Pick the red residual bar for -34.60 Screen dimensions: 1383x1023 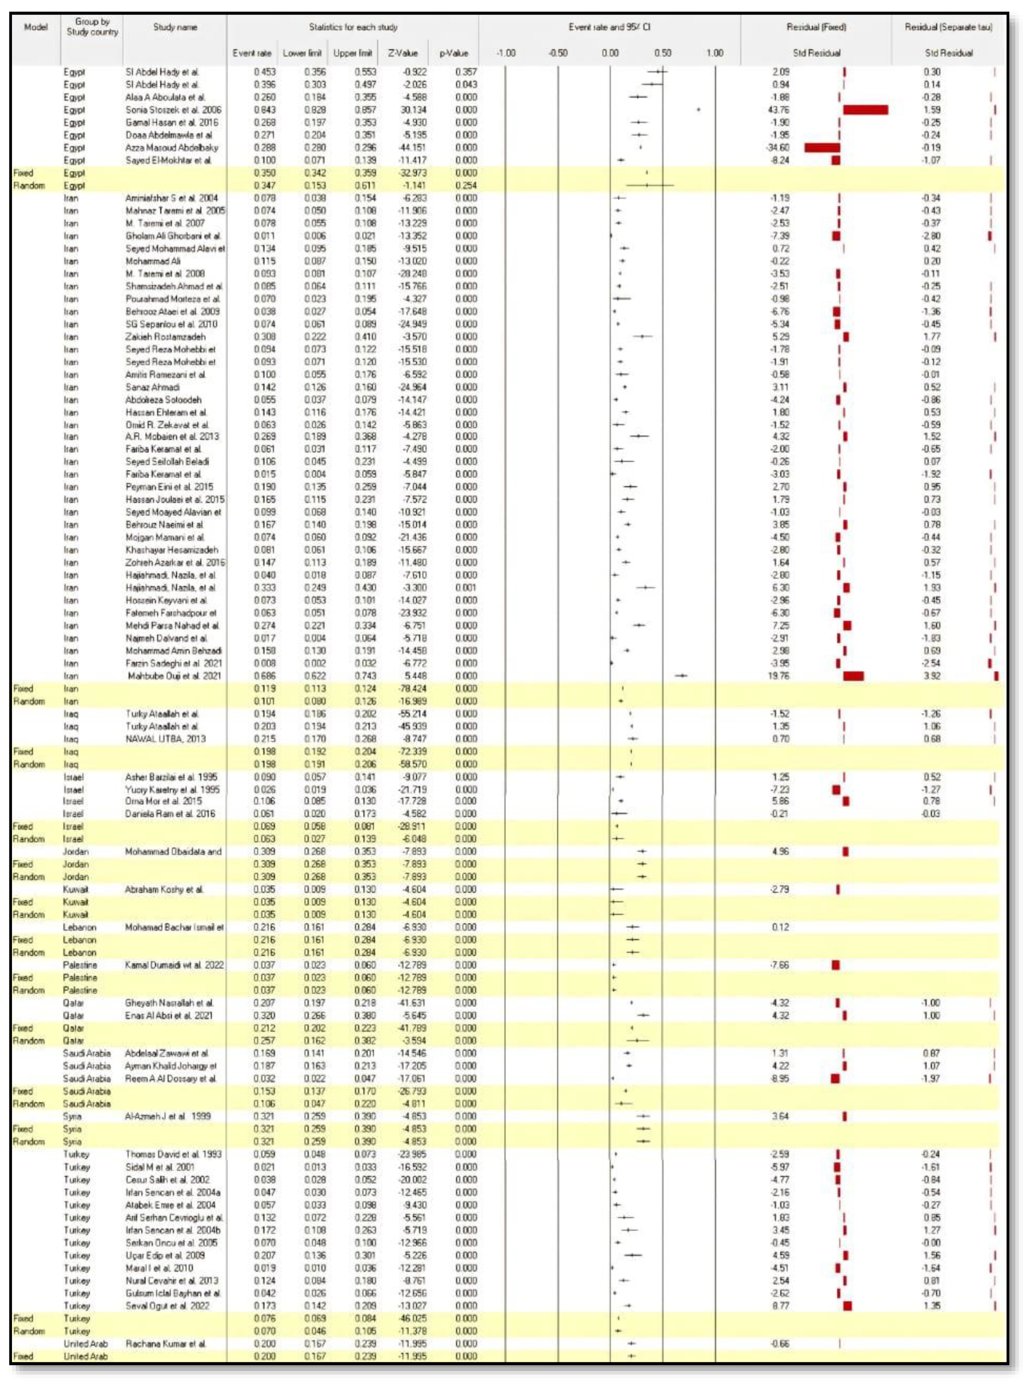pyautogui.click(x=822, y=147)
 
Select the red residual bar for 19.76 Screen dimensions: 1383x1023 pyautogui.click(x=853, y=676)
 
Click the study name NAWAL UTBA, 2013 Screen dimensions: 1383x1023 pyautogui.click(x=165, y=739)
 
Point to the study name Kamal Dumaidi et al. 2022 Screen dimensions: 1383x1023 pyautogui.click(x=175, y=965)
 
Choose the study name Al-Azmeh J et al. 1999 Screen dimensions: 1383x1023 pyautogui.click(x=168, y=1116)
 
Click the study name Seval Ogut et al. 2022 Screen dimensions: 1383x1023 pyautogui.click(x=167, y=1306)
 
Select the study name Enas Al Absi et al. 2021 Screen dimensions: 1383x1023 pyautogui.click(x=168, y=1016)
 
